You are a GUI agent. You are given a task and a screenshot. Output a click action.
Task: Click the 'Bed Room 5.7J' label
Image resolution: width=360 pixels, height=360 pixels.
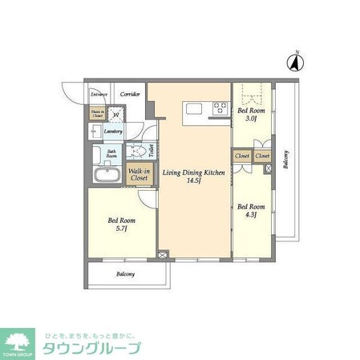point(122,225)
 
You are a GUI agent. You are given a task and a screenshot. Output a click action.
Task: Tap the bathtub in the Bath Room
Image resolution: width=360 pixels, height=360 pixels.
point(106,176)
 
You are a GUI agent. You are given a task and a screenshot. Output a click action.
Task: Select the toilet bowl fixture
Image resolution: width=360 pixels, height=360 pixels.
point(138,151)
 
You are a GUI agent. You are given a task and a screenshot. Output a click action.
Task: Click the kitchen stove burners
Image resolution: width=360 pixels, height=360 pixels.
point(218,108)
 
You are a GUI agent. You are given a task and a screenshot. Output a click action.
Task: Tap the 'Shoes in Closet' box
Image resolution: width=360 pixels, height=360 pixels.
point(96,114)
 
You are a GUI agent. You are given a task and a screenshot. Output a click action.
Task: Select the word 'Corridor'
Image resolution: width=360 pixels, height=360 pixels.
point(130,95)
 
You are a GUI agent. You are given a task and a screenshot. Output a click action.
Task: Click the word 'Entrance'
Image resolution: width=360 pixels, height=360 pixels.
point(99,95)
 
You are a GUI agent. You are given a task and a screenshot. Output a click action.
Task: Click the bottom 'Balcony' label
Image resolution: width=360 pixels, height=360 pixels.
point(126,274)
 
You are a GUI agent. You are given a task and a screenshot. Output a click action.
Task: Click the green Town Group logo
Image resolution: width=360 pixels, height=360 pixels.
point(21,343)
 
